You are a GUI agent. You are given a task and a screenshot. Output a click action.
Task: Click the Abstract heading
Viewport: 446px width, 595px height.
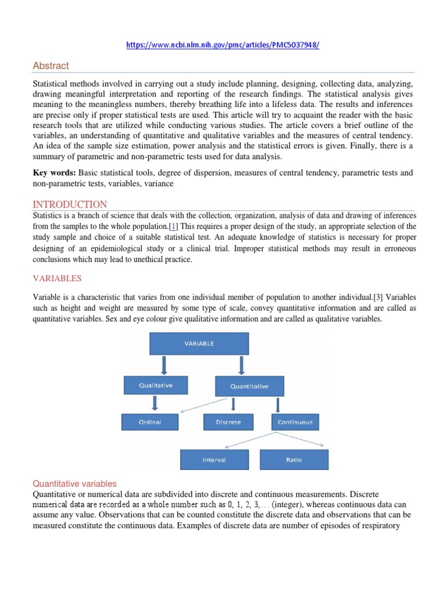tap(51, 66)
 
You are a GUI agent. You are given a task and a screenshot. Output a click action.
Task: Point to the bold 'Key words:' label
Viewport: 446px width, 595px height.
tap(55, 173)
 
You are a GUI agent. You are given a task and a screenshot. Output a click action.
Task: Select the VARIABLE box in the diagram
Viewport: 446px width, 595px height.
tap(199, 343)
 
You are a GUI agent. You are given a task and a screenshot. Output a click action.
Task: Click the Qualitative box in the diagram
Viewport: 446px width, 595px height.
tap(155, 385)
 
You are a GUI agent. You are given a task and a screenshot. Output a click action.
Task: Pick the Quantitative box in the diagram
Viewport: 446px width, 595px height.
tap(250, 386)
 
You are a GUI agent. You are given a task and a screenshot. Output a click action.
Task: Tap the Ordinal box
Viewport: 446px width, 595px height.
tap(149, 422)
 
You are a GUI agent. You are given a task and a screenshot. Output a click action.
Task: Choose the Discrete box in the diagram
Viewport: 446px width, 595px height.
tap(228, 422)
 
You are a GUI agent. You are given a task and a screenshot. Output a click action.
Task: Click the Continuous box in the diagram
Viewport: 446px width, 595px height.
tap(296, 422)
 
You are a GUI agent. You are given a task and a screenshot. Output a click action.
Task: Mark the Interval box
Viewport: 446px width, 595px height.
tap(214, 460)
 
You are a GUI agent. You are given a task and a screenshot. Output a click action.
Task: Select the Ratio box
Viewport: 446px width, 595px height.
tap(294, 460)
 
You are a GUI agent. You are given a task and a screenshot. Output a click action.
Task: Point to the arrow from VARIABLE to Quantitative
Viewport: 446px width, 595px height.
tap(241, 365)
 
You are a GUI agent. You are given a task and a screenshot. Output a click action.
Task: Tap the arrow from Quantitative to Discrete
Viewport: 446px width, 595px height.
tap(233, 404)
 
